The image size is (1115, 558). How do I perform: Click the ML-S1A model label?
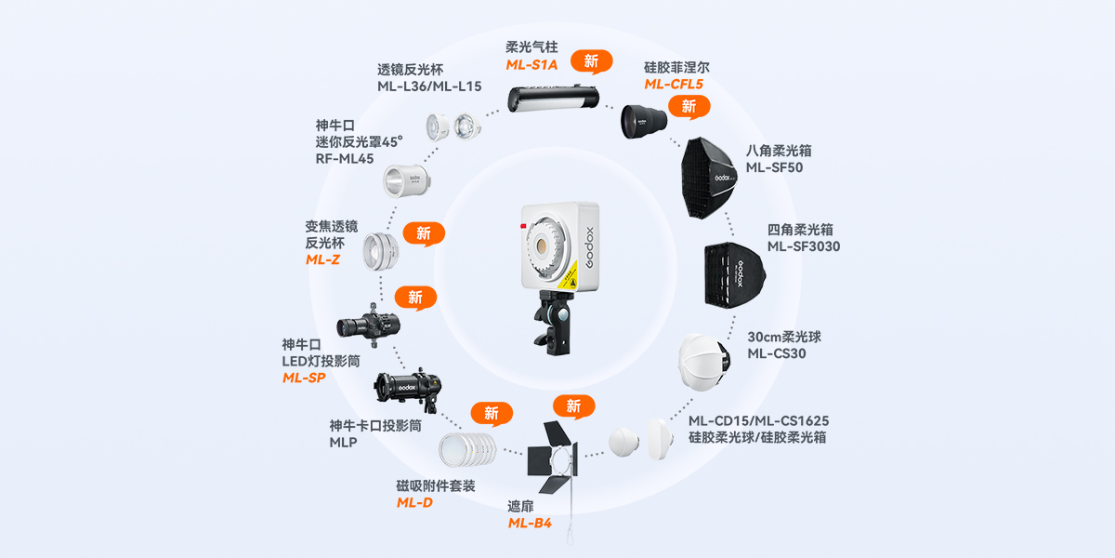point(531,65)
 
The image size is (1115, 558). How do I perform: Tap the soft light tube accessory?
point(553,98)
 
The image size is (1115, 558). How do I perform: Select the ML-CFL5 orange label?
point(674,85)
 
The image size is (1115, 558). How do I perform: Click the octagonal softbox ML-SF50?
point(709,178)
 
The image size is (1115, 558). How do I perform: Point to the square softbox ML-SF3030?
point(735,274)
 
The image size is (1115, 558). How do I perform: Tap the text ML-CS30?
point(777,353)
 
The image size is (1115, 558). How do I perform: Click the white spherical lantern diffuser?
point(704,362)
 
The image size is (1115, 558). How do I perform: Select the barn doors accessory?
point(553,457)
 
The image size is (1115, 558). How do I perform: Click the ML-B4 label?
point(530,523)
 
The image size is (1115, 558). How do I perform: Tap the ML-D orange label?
point(414,503)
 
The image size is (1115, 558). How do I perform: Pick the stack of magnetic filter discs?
point(467,450)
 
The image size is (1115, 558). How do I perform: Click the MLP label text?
point(343,443)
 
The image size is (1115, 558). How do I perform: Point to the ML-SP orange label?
point(304,378)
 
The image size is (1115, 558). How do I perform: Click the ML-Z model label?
point(322,259)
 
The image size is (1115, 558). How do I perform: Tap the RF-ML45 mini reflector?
point(407,180)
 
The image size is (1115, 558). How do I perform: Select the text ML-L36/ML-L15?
point(429,86)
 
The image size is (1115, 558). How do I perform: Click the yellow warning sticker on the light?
point(569,276)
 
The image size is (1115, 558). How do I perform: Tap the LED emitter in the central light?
point(541,246)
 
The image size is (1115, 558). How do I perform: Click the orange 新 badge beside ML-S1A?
point(591,61)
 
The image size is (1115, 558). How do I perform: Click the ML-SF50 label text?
point(774,167)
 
